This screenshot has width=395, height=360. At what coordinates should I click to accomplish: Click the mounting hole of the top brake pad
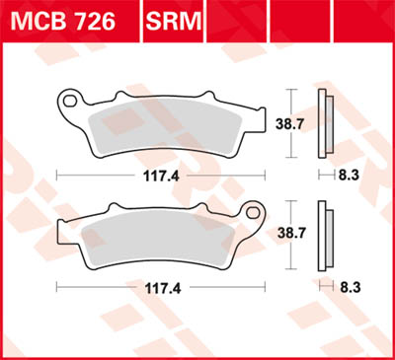pos(71,99)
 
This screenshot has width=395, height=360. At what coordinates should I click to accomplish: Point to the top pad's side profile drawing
pos(322,123)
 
